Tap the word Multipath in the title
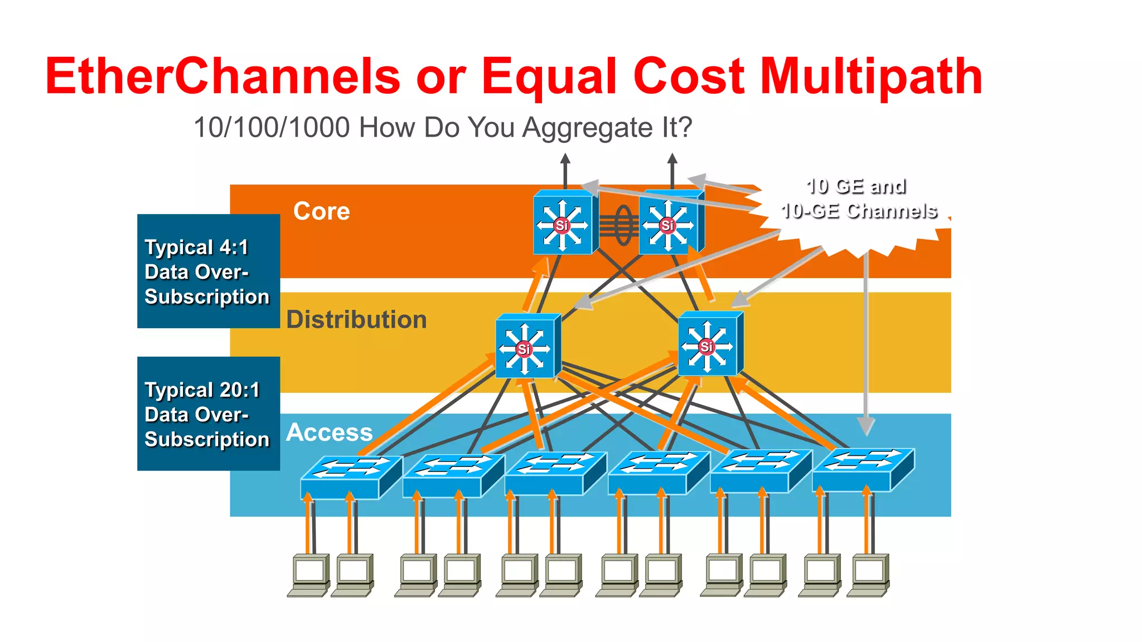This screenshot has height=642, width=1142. pos(871,76)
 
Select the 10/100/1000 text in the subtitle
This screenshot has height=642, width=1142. pos(271,128)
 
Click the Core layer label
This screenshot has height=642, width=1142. pos(322,211)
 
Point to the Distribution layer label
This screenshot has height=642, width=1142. pos(356,320)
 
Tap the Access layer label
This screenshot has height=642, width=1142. pos(329,432)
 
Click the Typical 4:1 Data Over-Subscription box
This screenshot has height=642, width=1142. pos(208,271)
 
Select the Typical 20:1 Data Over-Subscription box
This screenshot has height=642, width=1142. pos(208,414)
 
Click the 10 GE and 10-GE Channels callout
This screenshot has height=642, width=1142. pos(858,200)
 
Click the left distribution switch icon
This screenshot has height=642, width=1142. pos(526,347)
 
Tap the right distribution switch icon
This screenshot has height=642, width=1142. pos(709,344)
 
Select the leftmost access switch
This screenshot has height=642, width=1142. pos(350,476)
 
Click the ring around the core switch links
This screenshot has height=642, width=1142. pos(623,225)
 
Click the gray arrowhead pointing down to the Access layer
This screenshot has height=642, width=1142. pos(865,426)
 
